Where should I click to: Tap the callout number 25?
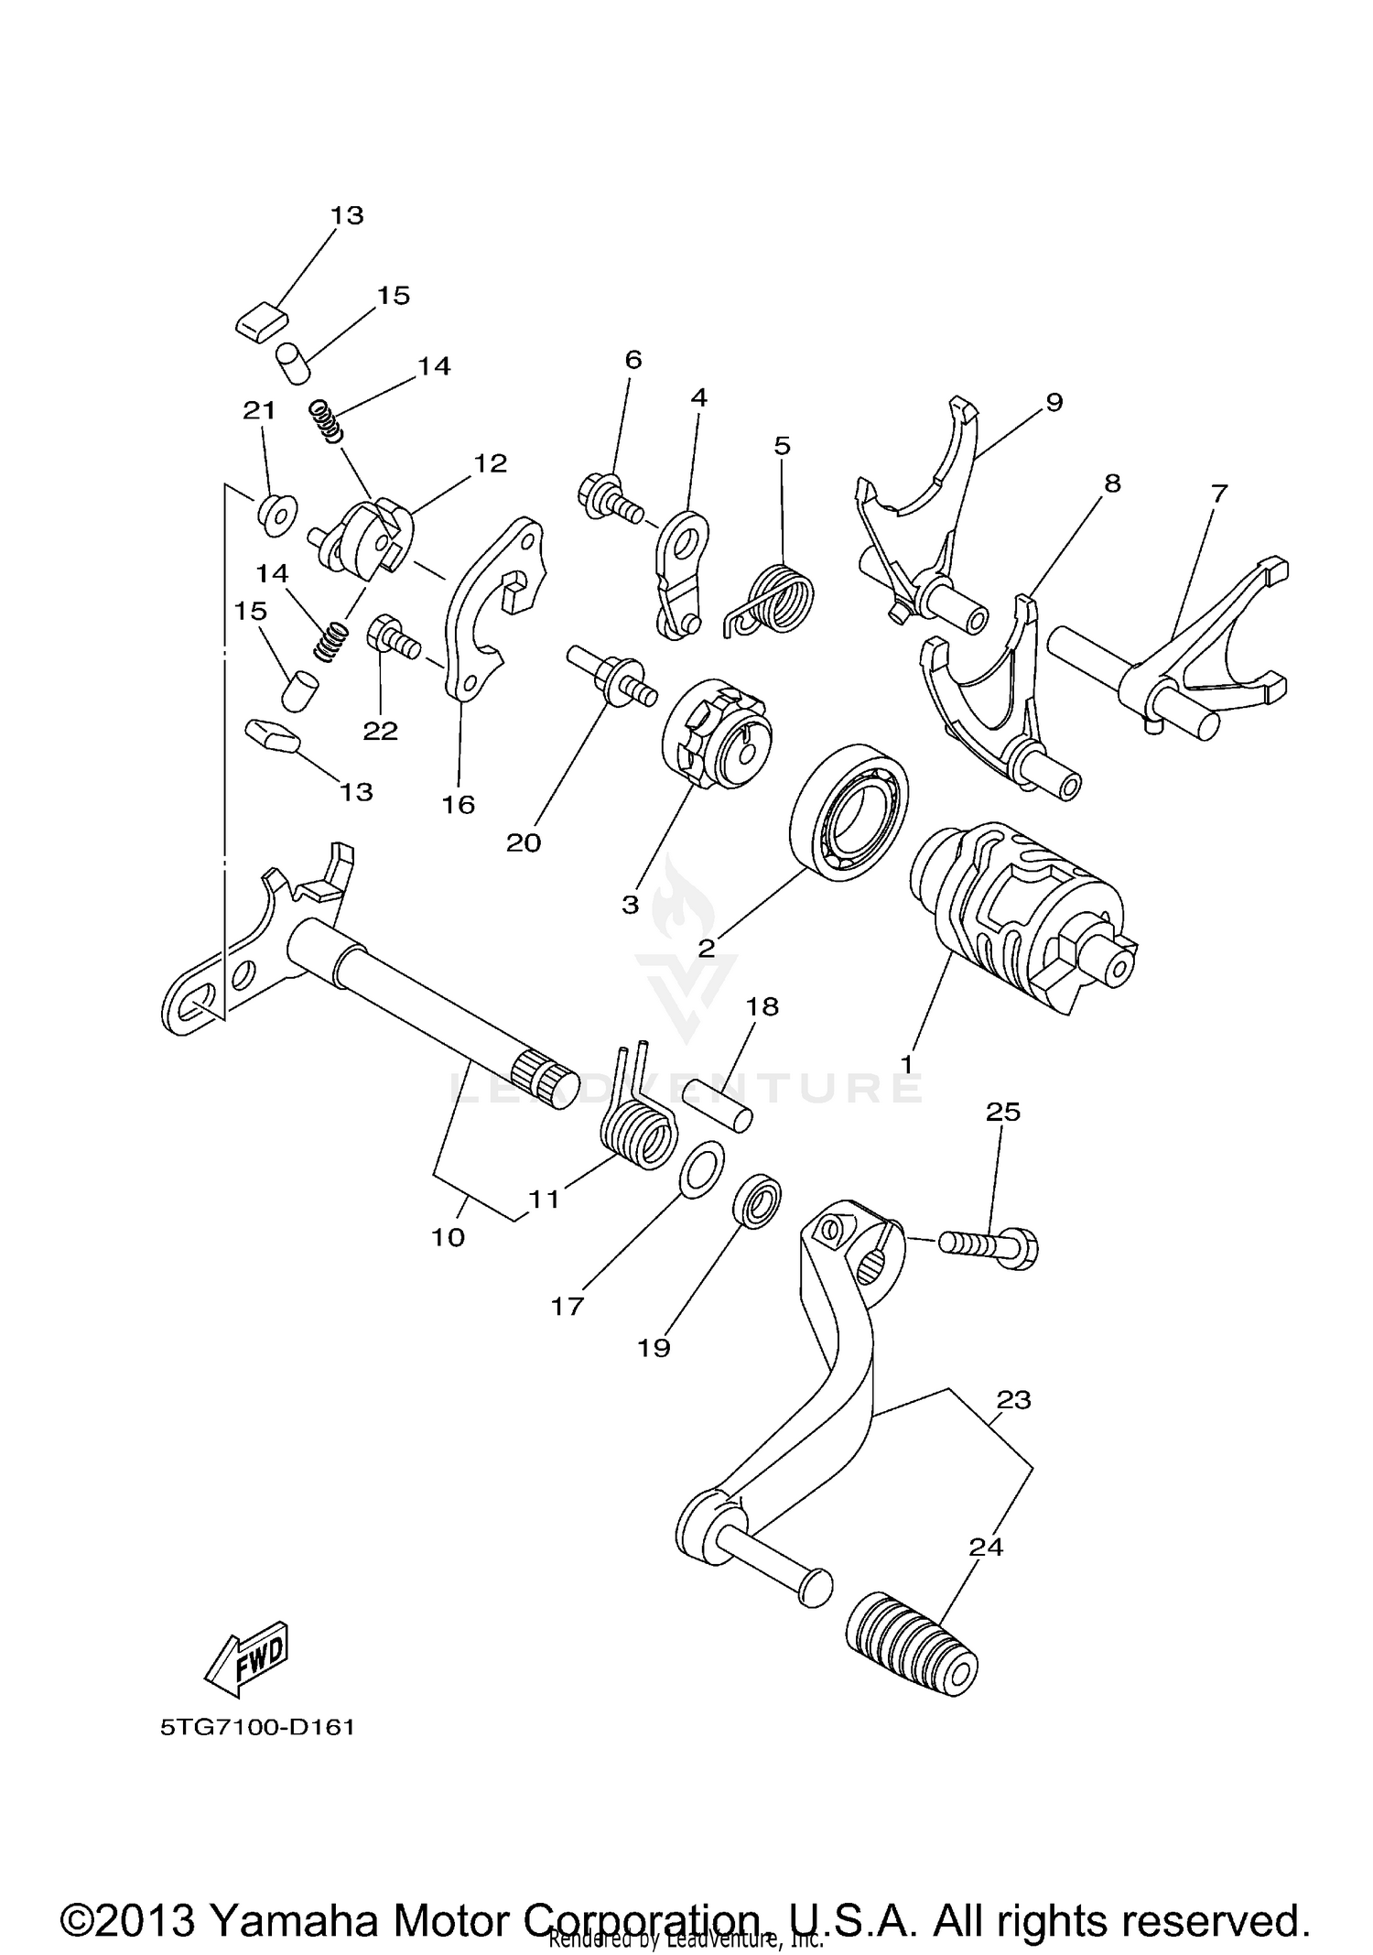tap(1002, 1112)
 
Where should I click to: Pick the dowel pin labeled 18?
tap(719, 1106)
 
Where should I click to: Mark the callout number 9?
tap(1054, 401)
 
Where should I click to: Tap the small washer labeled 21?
tap(276, 516)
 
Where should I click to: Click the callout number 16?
tap(458, 804)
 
